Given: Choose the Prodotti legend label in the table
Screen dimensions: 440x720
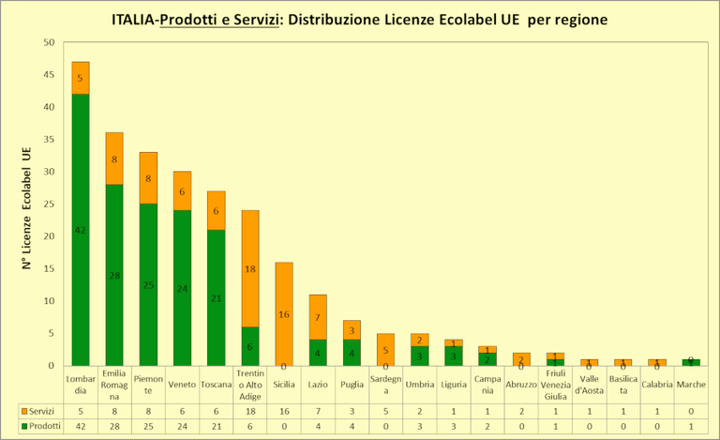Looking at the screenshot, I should [x=41, y=426].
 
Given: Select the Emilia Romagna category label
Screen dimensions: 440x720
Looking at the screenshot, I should [x=114, y=385].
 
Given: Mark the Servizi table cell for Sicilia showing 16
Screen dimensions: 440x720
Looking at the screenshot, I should [x=283, y=411].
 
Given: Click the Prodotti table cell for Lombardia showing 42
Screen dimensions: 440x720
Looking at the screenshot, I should [x=81, y=426].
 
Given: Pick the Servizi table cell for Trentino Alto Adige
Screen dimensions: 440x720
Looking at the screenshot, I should [x=249, y=411].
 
